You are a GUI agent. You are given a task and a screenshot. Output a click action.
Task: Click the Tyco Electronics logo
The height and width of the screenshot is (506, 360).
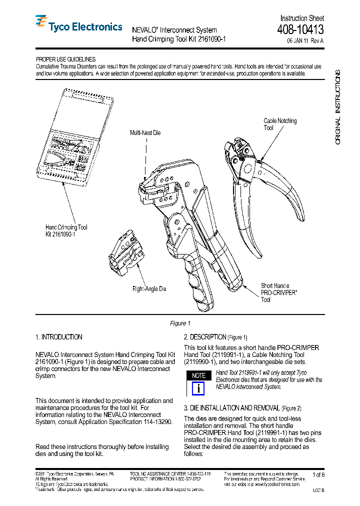coord(78,26)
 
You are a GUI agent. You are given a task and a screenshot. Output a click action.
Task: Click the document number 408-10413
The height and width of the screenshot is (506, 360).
coord(300,30)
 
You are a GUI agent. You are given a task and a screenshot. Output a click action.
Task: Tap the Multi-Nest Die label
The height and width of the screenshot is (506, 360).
coord(145,133)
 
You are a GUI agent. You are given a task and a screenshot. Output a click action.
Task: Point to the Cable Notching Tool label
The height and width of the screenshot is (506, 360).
coord(280,124)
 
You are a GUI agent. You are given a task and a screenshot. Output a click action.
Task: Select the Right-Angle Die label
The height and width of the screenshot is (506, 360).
coord(149,289)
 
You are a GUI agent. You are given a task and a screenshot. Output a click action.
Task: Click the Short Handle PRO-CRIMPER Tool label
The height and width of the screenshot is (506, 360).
coord(279,292)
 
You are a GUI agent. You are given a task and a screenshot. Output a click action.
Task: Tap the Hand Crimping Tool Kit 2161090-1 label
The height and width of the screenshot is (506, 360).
coord(66,230)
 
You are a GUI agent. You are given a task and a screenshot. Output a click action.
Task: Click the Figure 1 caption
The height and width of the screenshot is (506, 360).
coord(180,323)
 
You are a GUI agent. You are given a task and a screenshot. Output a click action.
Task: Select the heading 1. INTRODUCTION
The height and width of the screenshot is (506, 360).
coord(59,337)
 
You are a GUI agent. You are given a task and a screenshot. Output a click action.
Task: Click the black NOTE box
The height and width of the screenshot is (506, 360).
coord(199,375)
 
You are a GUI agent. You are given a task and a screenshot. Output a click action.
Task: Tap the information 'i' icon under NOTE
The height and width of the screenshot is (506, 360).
coord(199,388)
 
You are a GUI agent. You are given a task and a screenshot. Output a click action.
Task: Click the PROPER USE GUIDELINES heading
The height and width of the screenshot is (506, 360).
coord(65,59)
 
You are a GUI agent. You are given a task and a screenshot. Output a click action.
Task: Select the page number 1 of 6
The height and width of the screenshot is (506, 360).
coord(318,474)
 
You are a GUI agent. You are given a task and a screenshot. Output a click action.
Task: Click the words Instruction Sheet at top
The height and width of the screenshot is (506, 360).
coord(302,18)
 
